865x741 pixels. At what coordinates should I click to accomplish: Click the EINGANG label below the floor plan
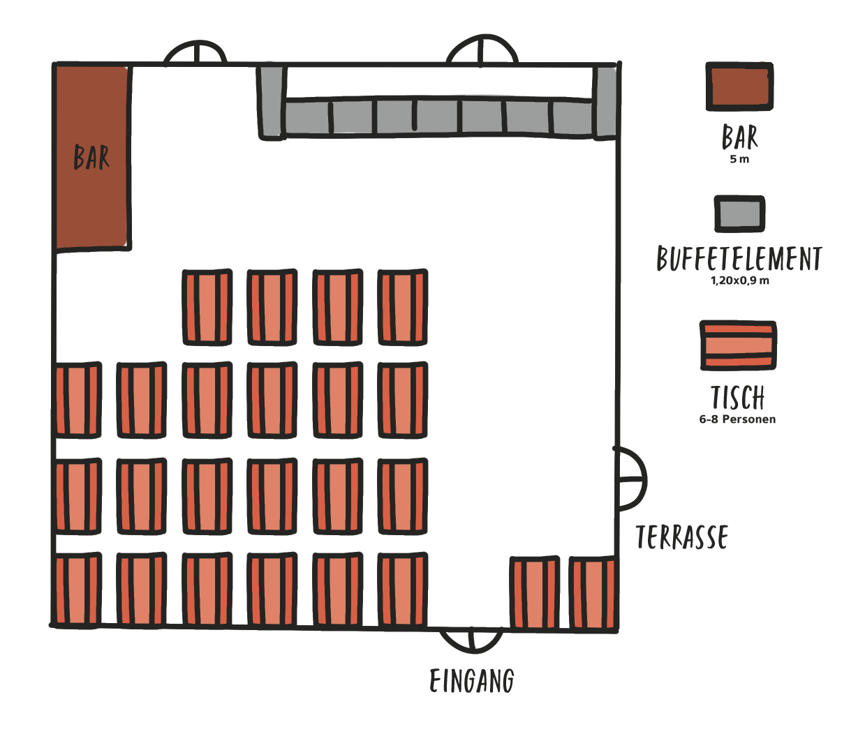pyautogui.click(x=472, y=681)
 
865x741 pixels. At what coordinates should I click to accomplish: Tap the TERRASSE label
pyautogui.click(x=682, y=537)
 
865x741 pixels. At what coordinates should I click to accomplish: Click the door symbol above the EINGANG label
pyautogui.click(x=472, y=641)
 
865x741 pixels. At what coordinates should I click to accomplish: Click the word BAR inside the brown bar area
pyautogui.click(x=91, y=157)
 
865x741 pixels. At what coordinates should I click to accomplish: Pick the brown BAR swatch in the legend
pyautogui.click(x=739, y=87)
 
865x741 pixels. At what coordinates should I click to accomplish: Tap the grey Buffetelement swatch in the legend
pyautogui.click(x=739, y=214)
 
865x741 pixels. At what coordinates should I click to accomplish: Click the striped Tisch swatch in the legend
pyautogui.click(x=739, y=345)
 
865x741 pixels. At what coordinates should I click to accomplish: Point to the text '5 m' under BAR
pyautogui.click(x=739, y=159)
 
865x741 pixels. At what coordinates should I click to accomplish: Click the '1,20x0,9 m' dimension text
pyautogui.click(x=740, y=280)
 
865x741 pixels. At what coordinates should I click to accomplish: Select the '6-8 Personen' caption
pyautogui.click(x=737, y=419)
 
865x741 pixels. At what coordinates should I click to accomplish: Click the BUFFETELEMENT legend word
pyautogui.click(x=739, y=258)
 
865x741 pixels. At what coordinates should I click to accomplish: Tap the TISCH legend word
pyautogui.click(x=738, y=397)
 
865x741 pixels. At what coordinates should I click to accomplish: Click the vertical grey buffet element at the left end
pyautogui.click(x=272, y=103)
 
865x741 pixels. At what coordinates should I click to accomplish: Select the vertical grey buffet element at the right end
pyautogui.click(x=605, y=103)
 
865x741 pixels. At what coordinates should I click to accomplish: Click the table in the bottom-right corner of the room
pyautogui.click(x=593, y=592)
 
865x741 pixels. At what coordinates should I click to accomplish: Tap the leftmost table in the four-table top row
pyautogui.click(x=207, y=308)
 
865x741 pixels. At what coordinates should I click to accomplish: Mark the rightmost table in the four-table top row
pyautogui.click(x=403, y=308)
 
